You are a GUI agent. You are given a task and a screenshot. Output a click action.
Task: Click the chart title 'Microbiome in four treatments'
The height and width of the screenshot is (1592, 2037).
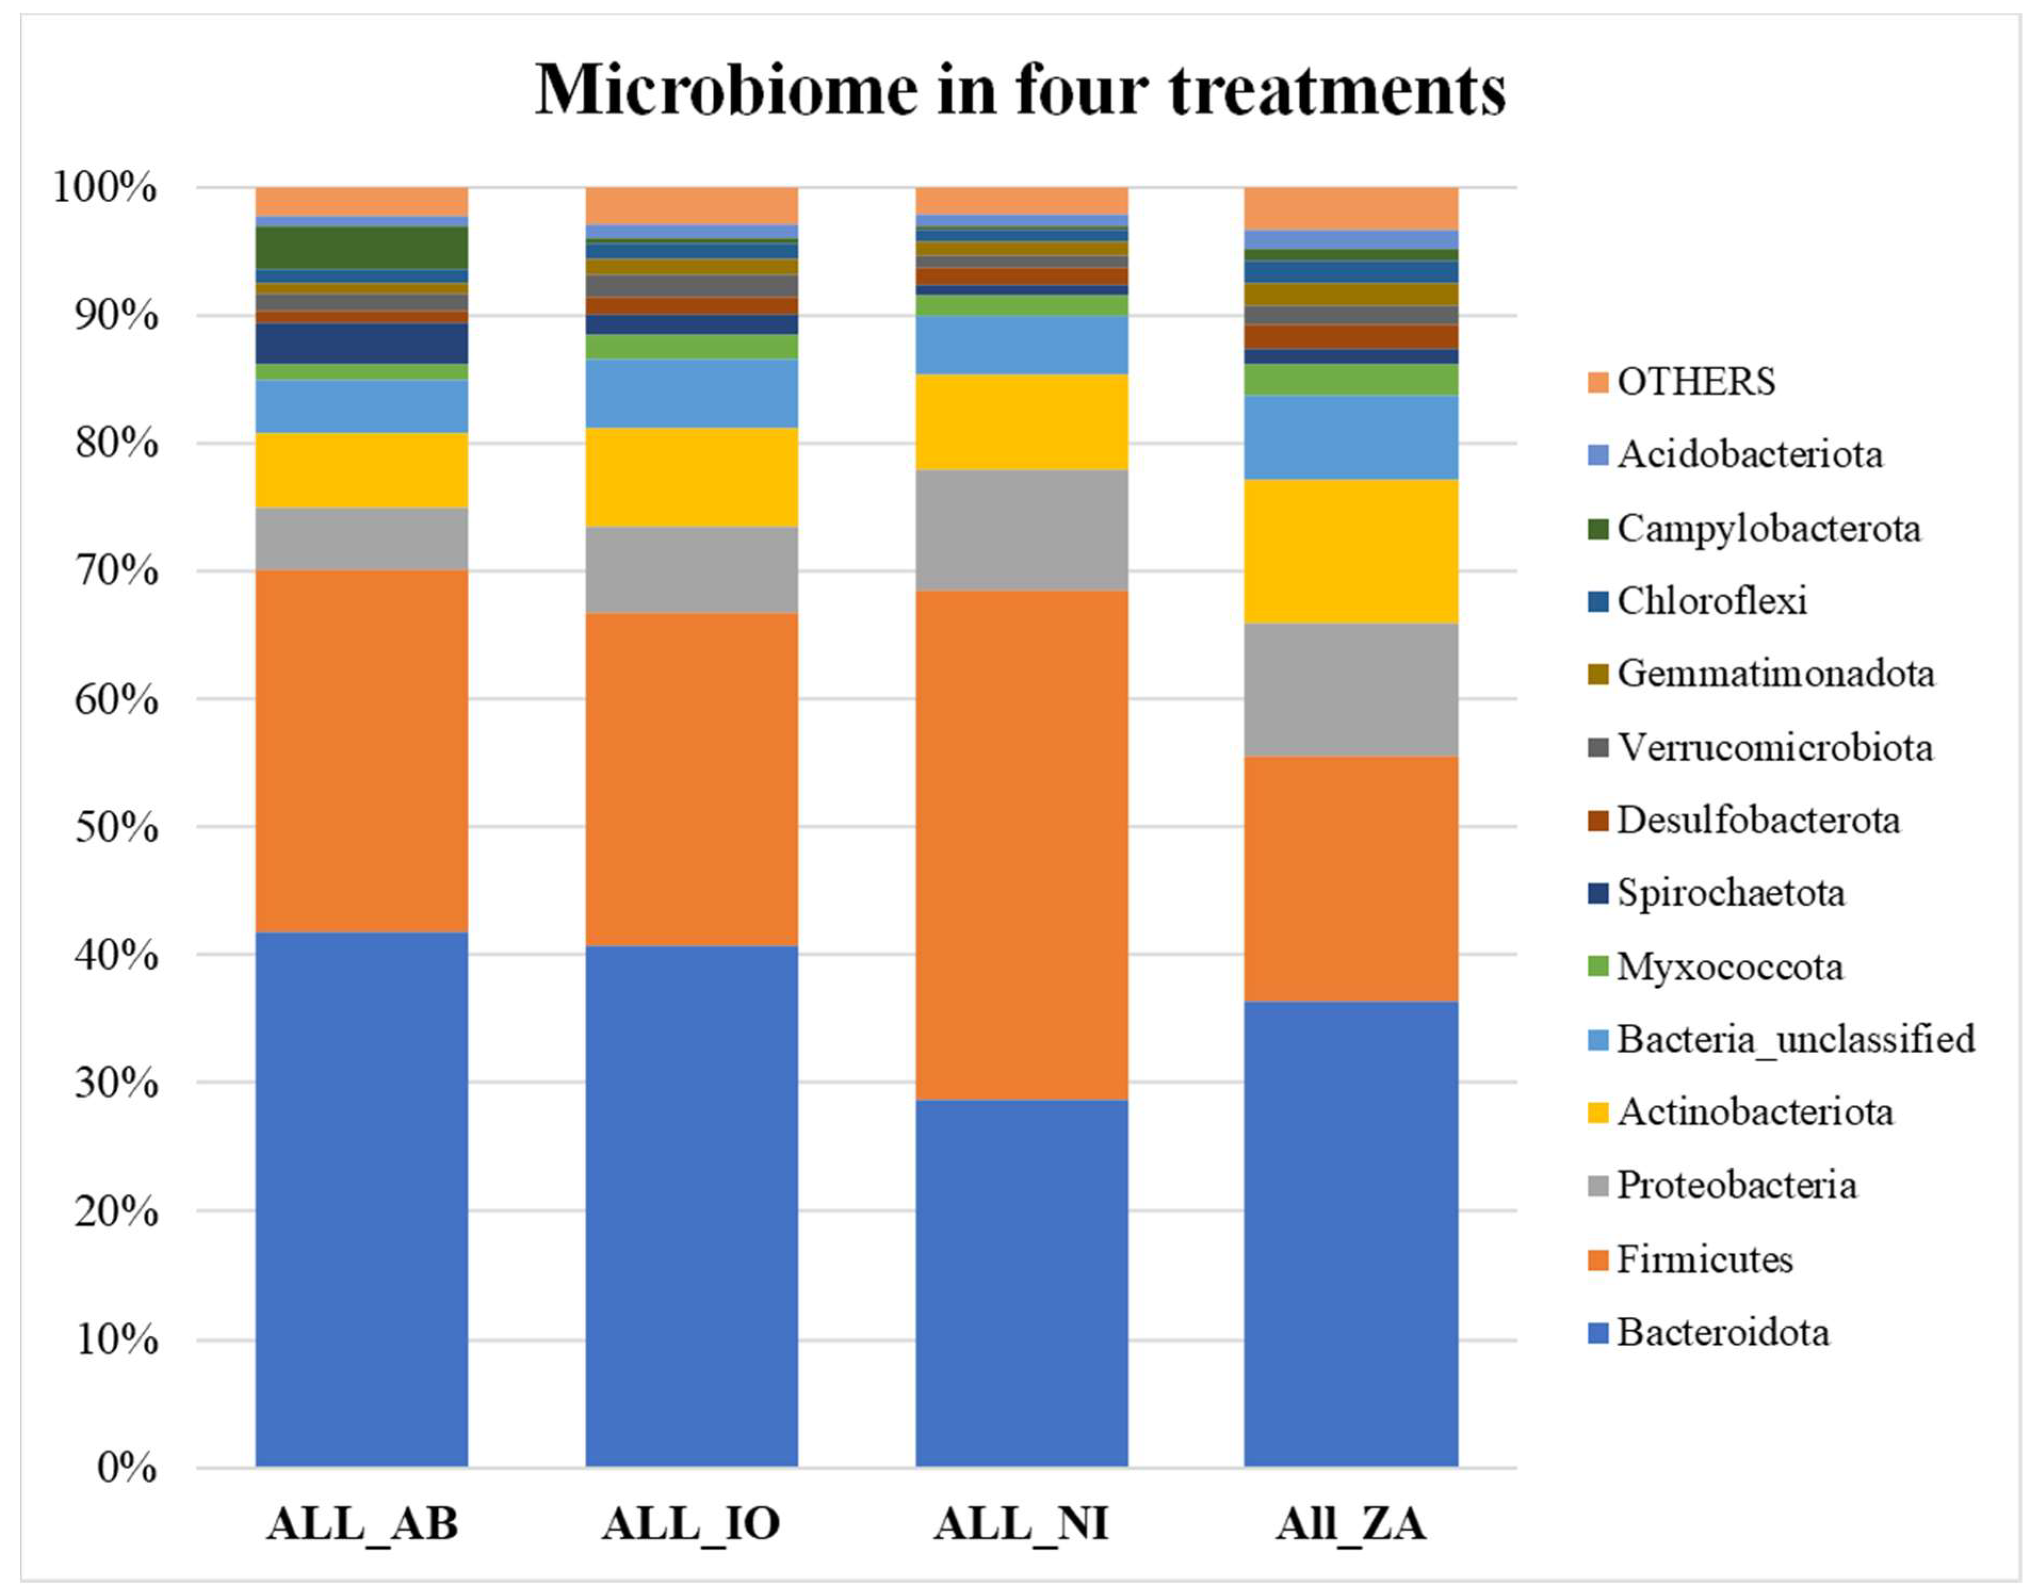point(1020,91)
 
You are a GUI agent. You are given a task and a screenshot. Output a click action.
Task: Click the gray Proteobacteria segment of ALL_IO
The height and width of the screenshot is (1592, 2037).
point(691,570)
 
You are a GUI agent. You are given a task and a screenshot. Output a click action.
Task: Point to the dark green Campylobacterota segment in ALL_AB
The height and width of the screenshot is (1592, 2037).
point(361,247)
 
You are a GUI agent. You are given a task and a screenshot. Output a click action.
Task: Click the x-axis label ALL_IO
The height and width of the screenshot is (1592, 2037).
point(690,1525)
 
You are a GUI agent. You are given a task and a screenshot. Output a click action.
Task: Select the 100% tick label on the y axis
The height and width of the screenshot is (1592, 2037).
point(104,188)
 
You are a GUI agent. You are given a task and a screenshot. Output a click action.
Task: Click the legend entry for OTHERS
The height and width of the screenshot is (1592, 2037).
point(1696,381)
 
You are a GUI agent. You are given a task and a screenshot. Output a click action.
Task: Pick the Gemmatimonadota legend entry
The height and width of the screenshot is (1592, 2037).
point(1775,673)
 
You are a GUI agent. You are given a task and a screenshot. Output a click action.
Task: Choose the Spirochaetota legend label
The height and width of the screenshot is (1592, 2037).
point(1730,892)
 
